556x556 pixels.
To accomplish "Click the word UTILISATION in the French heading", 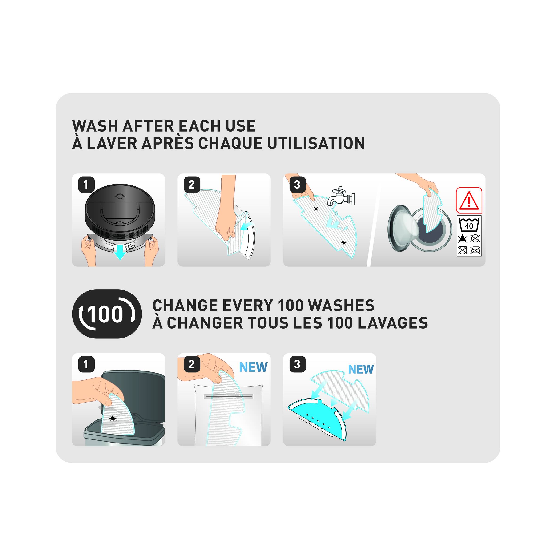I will tap(316, 143).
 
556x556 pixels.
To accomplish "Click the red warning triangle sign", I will tap(469, 200).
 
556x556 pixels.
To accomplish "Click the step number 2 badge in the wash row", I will tap(192, 185).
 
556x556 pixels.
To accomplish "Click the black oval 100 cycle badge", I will tap(107, 314).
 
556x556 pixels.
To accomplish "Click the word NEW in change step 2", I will tap(253, 367).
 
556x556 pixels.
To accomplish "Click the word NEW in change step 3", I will tap(361, 369).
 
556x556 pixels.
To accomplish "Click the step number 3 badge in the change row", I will tap(297, 364).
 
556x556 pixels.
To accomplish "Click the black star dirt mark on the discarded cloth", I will tap(113, 419).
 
